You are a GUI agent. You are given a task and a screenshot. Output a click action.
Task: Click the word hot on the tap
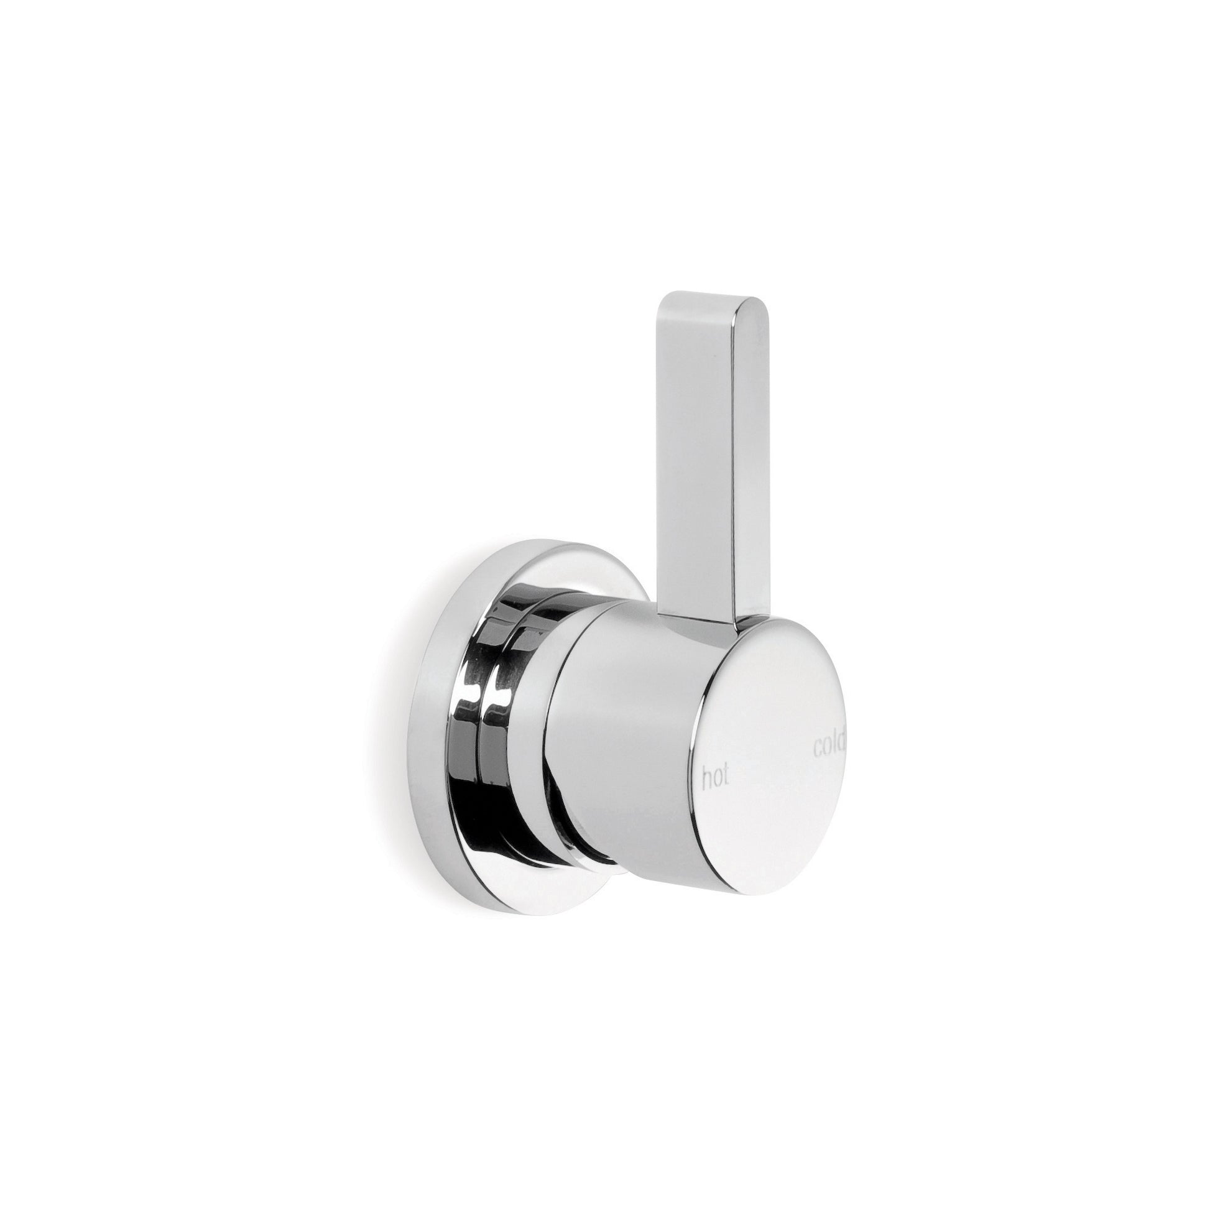(716, 778)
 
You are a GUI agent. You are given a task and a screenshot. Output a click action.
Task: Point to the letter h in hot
(706, 777)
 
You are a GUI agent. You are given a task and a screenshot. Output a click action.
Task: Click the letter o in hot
(717, 781)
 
